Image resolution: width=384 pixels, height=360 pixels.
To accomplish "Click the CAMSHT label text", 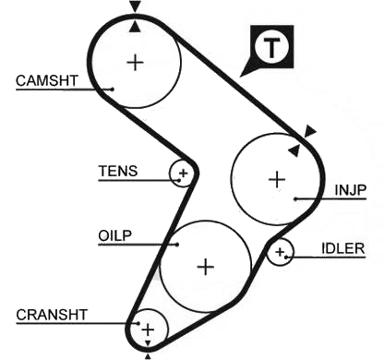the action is click(47, 80).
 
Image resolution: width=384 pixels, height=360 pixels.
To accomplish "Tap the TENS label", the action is click(118, 171).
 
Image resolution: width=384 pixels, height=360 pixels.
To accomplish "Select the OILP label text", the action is click(115, 235).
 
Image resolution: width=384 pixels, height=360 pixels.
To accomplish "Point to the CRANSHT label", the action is click(52, 315).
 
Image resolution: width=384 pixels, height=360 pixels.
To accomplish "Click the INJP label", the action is click(351, 190).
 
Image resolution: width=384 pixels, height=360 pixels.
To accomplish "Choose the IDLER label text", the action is click(343, 248).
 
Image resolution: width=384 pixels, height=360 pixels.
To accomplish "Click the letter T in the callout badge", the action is click(271, 48).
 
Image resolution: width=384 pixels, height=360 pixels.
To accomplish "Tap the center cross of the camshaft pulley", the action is click(136, 63).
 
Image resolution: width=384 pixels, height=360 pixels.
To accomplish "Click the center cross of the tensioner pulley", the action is click(183, 174).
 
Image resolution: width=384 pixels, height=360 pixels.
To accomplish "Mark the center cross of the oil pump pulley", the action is click(206, 267).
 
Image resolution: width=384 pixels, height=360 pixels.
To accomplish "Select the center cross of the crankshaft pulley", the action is click(148, 330).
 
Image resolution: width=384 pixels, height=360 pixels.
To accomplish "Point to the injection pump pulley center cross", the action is click(277, 179).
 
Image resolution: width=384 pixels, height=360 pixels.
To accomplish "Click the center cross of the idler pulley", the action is click(280, 252).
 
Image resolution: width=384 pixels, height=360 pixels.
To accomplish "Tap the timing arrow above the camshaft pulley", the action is click(135, 6).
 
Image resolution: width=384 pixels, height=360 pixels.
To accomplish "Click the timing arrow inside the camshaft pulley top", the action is click(135, 27).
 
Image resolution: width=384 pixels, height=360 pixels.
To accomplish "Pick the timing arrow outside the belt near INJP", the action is click(309, 131).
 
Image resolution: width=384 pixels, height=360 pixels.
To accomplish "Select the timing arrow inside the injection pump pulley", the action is click(294, 150).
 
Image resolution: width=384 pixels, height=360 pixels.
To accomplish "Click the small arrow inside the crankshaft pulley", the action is click(148, 343).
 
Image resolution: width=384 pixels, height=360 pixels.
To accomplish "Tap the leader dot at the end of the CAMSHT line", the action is click(113, 90).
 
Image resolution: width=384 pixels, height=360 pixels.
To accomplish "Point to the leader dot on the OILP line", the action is click(177, 245).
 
